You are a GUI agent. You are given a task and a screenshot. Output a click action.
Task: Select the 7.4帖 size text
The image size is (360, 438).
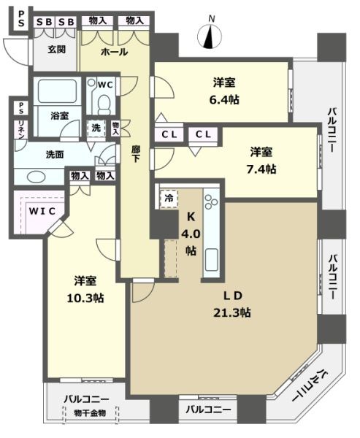click(x=261, y=169)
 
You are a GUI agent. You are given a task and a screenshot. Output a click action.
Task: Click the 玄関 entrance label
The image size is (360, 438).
click(x=58, y=50)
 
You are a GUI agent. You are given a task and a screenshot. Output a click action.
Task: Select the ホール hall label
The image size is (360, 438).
click(x=114, y=53)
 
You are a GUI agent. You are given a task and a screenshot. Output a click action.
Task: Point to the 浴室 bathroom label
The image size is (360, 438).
click(x=59, y=115)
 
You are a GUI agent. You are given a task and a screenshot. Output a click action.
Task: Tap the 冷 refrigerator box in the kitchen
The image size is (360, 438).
click(x=169, y=196)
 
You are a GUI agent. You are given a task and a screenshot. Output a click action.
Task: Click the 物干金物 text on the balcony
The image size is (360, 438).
click(x=90, y=414)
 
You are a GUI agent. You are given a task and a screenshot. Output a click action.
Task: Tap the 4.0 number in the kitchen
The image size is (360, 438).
click(x=190, y=234)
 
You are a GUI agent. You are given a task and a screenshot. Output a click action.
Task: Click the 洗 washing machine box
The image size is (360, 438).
click(x=96, y=128)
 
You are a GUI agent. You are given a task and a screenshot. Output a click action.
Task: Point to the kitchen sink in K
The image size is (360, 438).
click(x=212, y=257)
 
